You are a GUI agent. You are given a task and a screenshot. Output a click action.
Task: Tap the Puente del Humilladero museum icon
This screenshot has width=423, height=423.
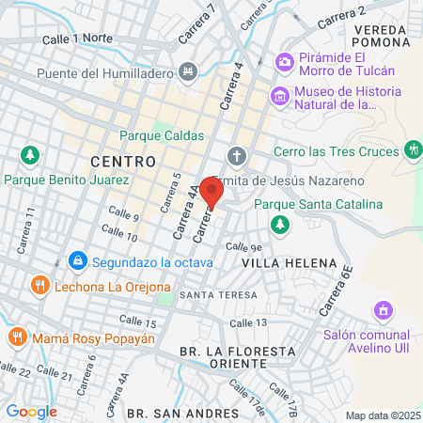(x=188, y=71)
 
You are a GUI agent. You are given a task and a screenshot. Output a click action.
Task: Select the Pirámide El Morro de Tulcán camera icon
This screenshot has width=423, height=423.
(x=283, y=62)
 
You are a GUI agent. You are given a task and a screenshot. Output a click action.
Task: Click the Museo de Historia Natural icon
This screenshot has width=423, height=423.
(x=278, y=95)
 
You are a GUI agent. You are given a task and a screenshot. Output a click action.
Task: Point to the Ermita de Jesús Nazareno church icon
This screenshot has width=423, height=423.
(x=236, y=155)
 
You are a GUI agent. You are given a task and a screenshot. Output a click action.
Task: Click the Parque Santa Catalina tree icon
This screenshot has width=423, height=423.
(x=278, y=224)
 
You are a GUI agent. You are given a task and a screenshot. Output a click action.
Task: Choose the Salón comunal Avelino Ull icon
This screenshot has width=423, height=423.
(x=382, y=309)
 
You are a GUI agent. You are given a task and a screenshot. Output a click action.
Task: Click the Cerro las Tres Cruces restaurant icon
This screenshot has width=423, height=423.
(x=413, y=149)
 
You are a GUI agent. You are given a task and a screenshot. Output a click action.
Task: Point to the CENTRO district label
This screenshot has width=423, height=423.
(x=123, y=162)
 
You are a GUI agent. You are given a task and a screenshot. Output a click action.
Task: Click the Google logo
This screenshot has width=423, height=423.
(x=31, y=411)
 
